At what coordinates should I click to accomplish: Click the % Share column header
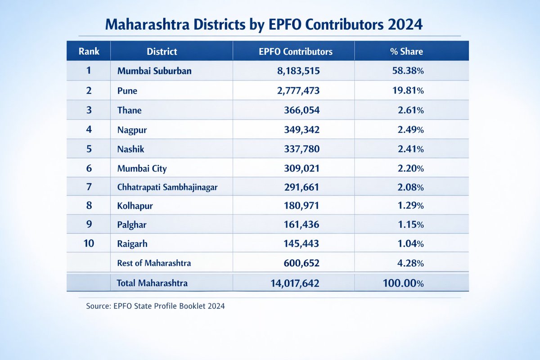[406, 51]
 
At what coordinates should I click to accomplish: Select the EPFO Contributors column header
[295, 51]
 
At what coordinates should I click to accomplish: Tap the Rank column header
[89, 51]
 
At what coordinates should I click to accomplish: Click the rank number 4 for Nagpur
[89, 130]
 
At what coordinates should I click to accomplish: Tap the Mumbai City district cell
[142, 169]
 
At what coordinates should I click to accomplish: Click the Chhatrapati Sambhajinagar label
[167, 188]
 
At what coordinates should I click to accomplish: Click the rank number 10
[89, 243]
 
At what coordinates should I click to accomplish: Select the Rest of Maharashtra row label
[153, 263]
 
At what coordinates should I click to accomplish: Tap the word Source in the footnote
[97, 306]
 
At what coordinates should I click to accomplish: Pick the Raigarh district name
[132, 244]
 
